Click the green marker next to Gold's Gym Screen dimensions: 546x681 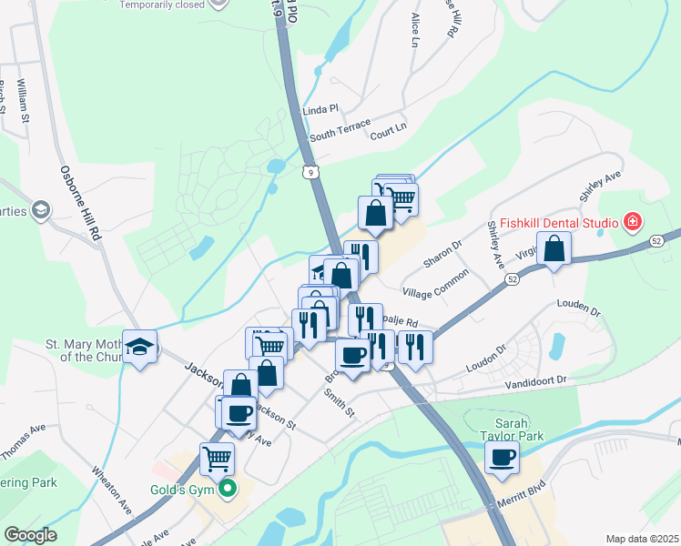229,490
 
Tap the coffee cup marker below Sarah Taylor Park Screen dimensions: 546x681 503,457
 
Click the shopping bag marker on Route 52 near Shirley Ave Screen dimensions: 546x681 554,248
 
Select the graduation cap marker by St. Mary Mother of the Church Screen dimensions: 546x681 140,346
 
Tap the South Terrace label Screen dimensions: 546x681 340,130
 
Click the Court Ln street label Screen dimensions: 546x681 388,133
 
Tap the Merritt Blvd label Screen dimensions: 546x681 520,503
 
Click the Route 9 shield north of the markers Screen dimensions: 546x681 312,170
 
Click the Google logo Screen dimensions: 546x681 30,535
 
